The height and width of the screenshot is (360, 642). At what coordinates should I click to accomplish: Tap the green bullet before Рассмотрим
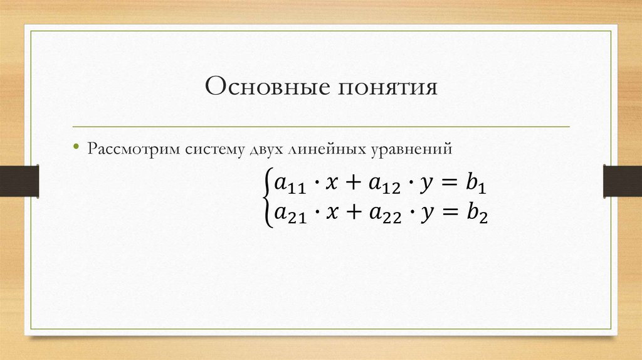click(x=76, y=149)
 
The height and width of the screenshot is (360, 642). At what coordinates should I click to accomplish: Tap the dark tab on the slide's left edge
click(x=19, y=181)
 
